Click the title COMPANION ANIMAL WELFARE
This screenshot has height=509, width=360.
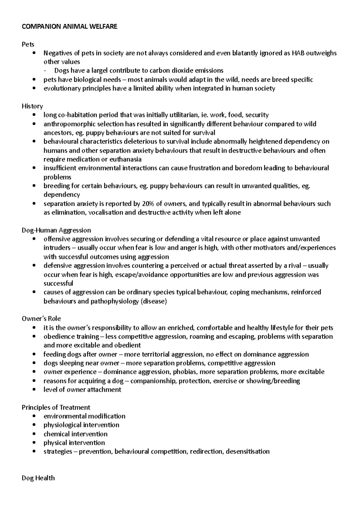(x=69, y=27)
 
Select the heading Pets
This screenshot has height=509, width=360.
(x=28, y=44)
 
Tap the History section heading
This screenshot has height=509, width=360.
(x=32, y=106)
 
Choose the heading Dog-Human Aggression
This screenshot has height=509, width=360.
(x=56, y=230)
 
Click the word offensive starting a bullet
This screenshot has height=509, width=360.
(x=56, y=239)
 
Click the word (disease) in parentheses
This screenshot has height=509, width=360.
(x=153, y=302)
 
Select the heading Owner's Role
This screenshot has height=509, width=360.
(x=41, y=319)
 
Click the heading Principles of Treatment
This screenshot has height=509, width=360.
(x=56, y=407)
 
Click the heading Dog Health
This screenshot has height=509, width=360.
(x=38, y=478)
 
